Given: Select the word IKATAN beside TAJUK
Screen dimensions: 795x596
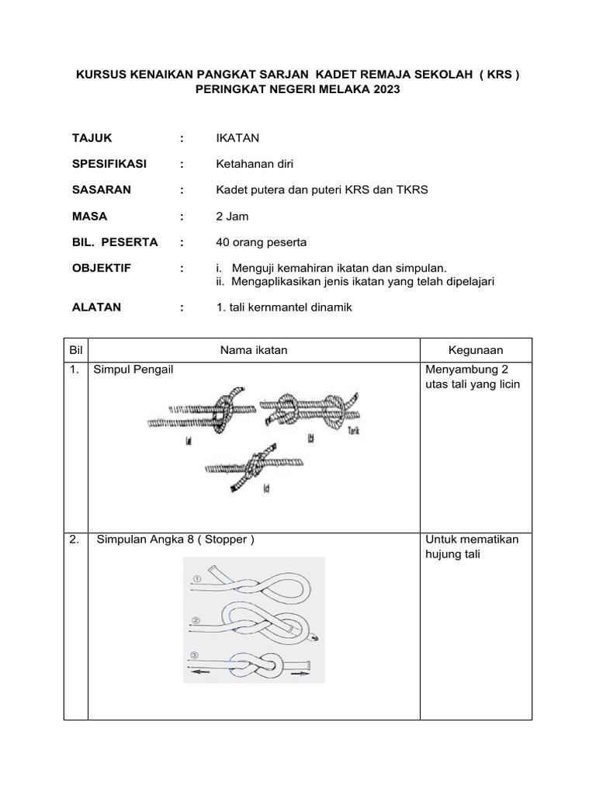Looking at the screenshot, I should click(237, 137).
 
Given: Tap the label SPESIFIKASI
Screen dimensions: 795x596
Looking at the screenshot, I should click(109, 164).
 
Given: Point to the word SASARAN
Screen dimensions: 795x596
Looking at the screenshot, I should click(102, 189).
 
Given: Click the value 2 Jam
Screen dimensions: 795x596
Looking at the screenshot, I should click(232, 216).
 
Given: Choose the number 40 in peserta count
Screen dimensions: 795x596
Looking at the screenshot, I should click(223, 242).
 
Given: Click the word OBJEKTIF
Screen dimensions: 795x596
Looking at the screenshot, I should click(102, 268).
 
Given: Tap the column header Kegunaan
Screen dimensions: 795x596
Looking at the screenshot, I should click(476, 350).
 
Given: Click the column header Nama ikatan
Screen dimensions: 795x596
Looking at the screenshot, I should click(254, 350).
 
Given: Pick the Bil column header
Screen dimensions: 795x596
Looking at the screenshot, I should click(76, 350).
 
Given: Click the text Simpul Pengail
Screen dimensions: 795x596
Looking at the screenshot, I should click(133, 370).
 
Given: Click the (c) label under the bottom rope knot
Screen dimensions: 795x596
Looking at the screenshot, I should click(266, 489).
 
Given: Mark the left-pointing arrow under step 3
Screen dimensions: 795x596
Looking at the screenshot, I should click(200, 674).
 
